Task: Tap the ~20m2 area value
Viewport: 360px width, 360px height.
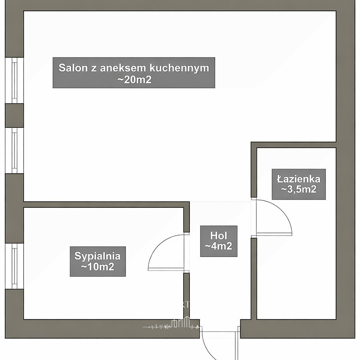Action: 134,80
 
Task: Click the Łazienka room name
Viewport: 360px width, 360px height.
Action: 298,179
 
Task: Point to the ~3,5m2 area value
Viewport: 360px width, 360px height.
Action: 298,189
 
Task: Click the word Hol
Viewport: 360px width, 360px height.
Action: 218,235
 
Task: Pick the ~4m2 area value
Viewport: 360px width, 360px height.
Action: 218,246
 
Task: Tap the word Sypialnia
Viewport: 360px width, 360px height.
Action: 97,256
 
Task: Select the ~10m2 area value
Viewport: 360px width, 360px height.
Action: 97,267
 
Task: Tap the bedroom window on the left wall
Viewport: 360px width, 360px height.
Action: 14,265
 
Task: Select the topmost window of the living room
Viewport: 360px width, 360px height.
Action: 14,80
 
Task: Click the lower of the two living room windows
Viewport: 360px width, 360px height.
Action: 14,150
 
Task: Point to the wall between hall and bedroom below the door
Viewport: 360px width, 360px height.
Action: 187,295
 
